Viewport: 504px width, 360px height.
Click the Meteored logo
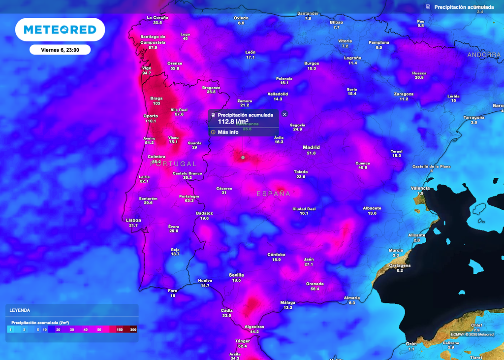(60, 30)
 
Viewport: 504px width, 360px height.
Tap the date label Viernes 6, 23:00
(60, 49)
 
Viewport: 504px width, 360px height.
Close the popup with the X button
(284, 114)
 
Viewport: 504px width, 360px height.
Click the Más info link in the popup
(228, 132)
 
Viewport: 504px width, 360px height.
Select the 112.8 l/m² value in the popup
(233, 122)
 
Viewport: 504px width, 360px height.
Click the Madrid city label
(311, 147)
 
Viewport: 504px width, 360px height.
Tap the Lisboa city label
(133, 220)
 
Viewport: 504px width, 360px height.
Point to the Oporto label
(151, 116)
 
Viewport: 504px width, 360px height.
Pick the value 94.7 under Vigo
(147, 73)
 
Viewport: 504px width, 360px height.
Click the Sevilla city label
(236, 275)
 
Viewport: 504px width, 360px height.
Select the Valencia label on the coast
(420, 188)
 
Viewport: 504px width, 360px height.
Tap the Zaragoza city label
(404, 94)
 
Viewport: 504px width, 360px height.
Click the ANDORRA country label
(484, 55)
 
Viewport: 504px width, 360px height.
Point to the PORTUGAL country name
(173, 164)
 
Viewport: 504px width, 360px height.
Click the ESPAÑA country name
(273, 194)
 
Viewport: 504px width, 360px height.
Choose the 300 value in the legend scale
(133, 329)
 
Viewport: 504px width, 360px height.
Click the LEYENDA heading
(20, 310)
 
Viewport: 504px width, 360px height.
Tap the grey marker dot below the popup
(243, 158)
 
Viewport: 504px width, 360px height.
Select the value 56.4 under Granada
(315, 289)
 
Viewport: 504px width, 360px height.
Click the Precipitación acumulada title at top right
(464, 7)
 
